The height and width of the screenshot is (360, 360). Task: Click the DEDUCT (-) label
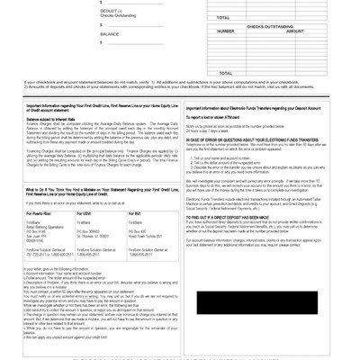tap(112, 11)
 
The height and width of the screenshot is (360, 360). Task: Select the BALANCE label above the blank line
tap(110, 34)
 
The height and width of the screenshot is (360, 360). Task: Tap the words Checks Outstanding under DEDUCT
tap(115, 15)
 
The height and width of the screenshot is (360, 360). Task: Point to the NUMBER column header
tap(226, 31)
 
